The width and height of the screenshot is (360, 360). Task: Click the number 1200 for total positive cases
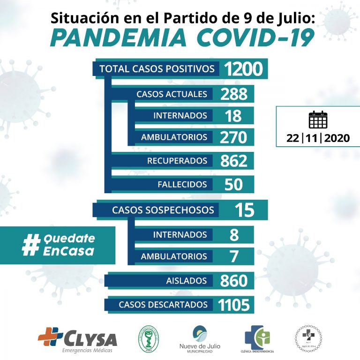coord(243,69)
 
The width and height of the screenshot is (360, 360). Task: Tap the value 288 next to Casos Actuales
coord(234,94)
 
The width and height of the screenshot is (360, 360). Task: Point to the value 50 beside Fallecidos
coord(233,184)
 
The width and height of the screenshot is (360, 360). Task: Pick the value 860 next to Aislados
coord(234,281)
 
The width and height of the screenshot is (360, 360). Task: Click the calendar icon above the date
coord(318,120)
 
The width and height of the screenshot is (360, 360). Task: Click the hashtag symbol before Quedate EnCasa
coord(30,245)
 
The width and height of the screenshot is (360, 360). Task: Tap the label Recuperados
coord(177,161)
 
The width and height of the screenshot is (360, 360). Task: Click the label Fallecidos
coord(182,184)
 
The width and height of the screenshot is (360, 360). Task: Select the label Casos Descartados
coord(163,305)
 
